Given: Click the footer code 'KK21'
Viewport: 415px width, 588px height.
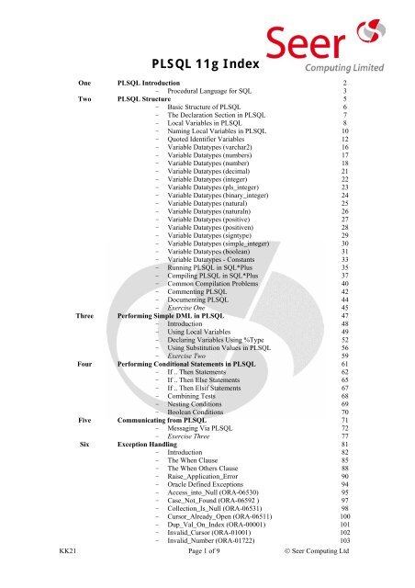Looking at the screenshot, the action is (63, 575).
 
